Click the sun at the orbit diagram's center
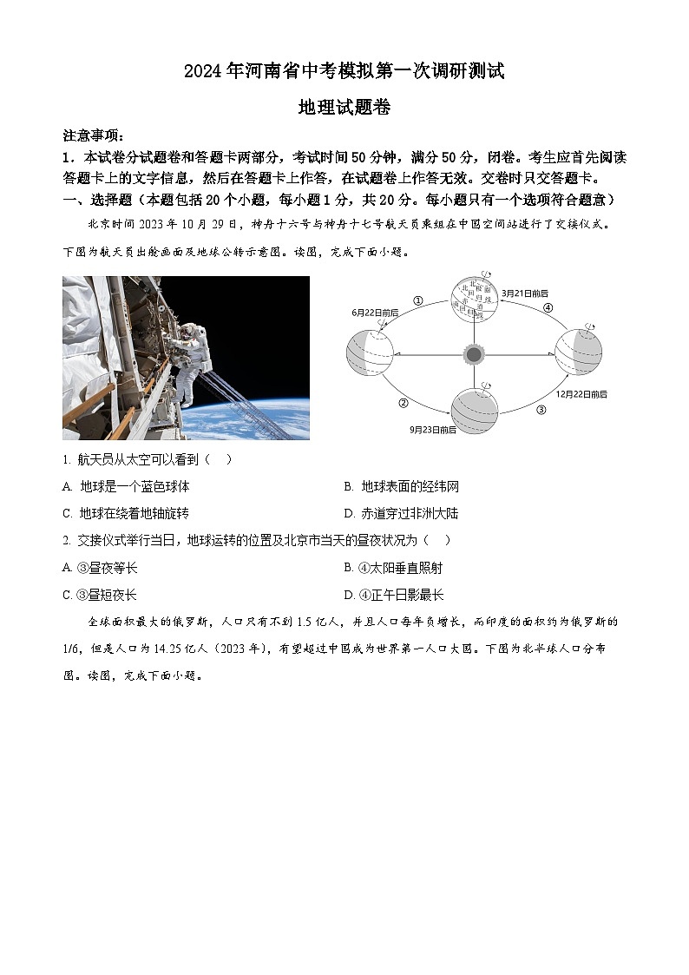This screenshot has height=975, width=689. click(473, 354)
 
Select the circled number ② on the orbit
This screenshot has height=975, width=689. click(404, 402)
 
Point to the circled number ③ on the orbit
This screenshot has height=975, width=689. click(541, 409)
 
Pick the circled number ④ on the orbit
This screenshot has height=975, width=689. click(548, 307)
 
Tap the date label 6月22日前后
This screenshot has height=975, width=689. click(375, 312)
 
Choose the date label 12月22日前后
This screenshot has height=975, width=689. click(581, 393)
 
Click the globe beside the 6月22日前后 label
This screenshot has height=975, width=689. click(370, 354)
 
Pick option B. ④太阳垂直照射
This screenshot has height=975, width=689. click(392, 568)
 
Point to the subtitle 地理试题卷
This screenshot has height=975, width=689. click(344, 107)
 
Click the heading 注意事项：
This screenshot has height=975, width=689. click(94, 135)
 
